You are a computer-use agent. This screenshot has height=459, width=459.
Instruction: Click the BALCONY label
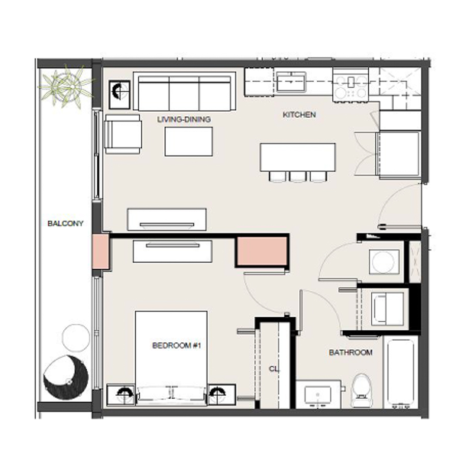point(65,223)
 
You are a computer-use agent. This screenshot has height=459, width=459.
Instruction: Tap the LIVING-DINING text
point(184,119)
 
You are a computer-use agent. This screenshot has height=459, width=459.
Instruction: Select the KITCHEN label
point(299,115)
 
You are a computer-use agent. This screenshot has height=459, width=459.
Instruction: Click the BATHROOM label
point(350,352)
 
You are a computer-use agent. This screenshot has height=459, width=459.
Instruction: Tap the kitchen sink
point(291,82)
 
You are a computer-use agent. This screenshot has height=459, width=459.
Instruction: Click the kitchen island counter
point(298,157)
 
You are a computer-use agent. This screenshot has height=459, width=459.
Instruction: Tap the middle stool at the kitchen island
point(298,176)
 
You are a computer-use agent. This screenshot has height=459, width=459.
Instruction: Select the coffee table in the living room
point(189,141)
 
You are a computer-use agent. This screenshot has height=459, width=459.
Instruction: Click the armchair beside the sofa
point(123,134)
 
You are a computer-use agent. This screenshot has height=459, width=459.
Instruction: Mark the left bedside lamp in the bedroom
point(123,393)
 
